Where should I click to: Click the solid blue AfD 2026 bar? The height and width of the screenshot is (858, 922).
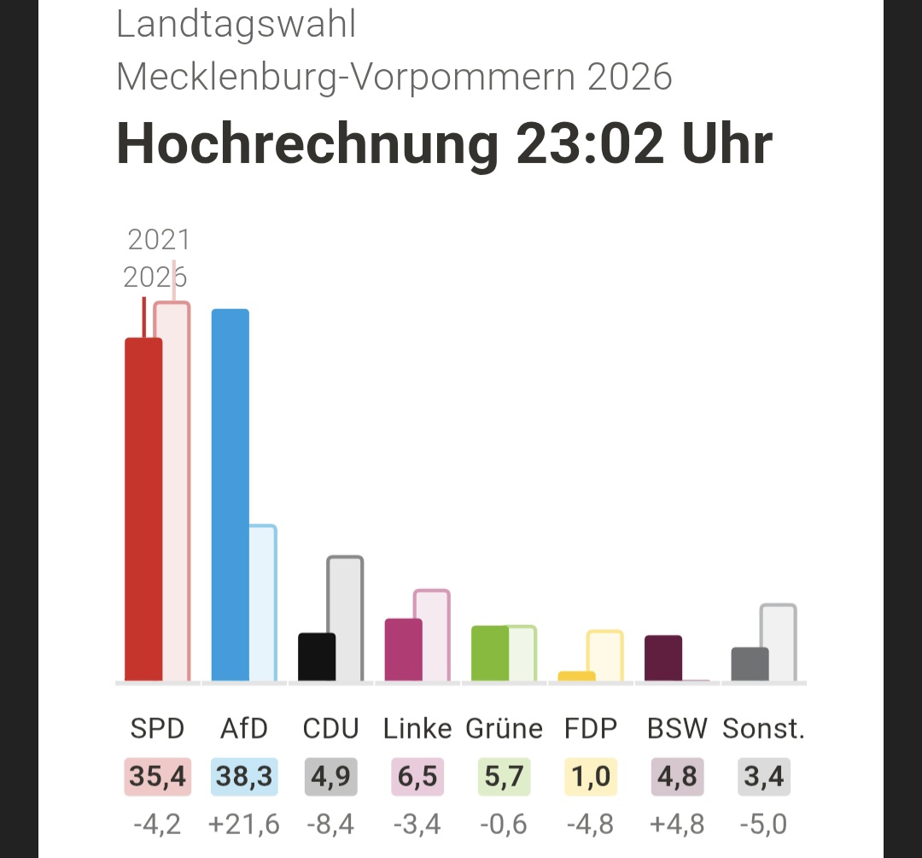(230, 494)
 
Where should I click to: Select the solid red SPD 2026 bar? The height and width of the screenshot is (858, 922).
(143, 510)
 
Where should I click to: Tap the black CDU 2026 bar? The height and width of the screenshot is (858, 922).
(317, 657)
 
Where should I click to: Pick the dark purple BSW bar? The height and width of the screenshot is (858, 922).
(663, 658)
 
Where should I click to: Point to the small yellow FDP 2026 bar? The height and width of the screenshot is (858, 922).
(577, 676)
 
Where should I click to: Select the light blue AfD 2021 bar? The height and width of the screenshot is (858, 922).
(263, 603)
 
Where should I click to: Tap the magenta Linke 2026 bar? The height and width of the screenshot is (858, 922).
(403, 650)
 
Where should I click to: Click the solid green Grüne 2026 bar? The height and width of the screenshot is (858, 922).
(490, 653)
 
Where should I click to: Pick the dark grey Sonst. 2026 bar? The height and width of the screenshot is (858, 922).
(750, 664)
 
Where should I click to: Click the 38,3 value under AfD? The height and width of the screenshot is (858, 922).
(244, 776)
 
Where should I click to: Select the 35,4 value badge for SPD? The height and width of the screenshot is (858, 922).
(158, 776)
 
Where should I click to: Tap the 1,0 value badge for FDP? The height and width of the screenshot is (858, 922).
(591, 776)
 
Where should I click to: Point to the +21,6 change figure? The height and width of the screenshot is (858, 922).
(244, 824)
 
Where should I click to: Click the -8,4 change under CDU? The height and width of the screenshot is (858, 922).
(330, 824)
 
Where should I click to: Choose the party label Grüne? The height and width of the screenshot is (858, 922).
(504, 728)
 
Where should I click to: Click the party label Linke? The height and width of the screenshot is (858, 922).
(417, 728)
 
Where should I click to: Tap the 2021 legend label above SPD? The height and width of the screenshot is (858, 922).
(159, 239)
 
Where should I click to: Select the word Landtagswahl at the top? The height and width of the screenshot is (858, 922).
(236, 24)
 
